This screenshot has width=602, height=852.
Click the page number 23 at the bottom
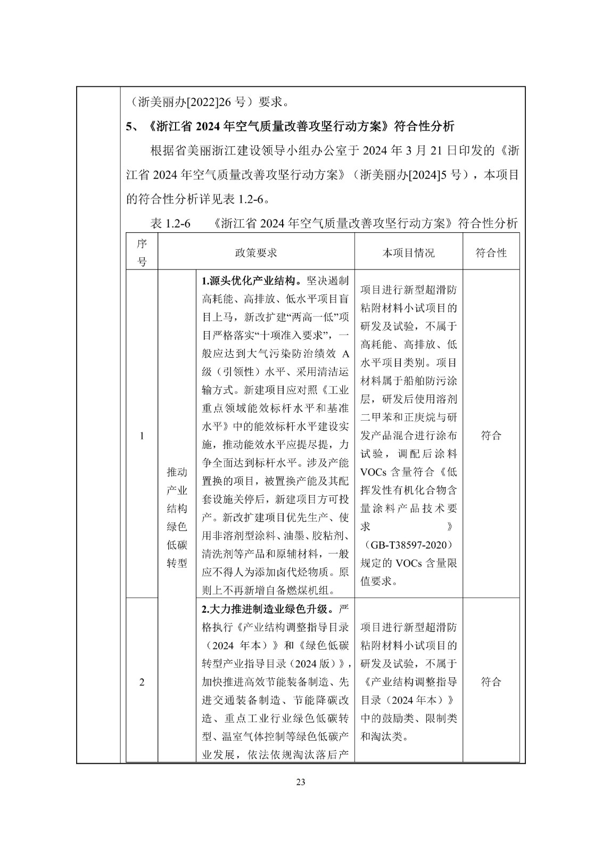pyautogui.click(x=301, y=782)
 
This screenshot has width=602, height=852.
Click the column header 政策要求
pyautogui.click(x=256, y=253)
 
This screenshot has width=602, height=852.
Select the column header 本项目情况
pyautogui.click(x=408, y=253)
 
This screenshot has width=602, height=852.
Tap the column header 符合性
pyautogui.click(x=491, y=253)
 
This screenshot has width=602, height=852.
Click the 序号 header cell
pyautogui.click(x=142, y=253)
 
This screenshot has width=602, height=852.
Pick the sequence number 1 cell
pyautogui.click(x=142, y=436)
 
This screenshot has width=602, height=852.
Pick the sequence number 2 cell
pyautogui.click(x=142, y=682)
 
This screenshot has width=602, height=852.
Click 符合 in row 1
pyautogui.click(x=491, y=436)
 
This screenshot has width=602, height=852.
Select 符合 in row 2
pyautogui.click(x=491, y=682)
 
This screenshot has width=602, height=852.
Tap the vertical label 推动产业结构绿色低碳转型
pyautogui.click(x=177, y=517)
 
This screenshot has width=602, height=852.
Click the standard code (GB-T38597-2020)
pyautogui.click(x=409, y=545)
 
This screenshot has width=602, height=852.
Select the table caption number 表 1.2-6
pyautogui.click(x=170, y=224)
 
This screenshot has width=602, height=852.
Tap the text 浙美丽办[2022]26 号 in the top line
pyautogui.click(x=189, y=101)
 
